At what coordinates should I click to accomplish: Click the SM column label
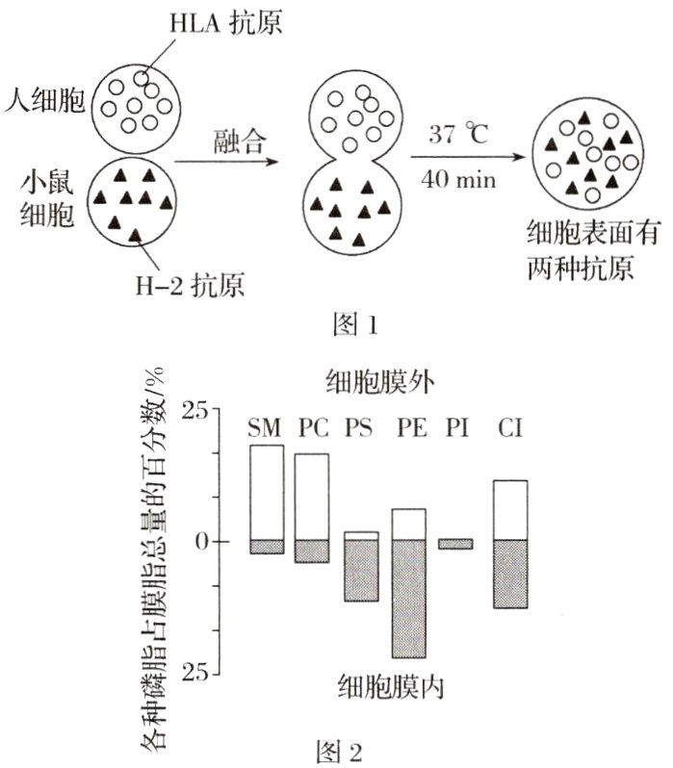click(x=266, y=426)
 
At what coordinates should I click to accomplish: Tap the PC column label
click(x=312, y=426)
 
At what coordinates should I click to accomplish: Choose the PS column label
click(x=360, y=426)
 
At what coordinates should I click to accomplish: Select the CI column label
click(x=509, y=426)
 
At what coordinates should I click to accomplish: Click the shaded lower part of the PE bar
click(x=408, y=598)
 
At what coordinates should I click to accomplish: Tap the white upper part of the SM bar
click(x=266, y=492)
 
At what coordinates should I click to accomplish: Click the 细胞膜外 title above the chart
click(x=377, y=382)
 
